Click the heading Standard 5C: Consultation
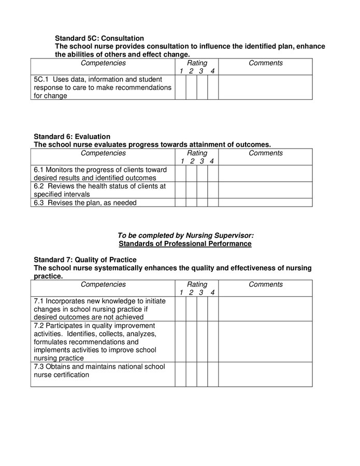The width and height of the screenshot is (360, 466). tap(99, 38)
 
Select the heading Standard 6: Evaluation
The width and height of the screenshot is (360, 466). tap(72, 137)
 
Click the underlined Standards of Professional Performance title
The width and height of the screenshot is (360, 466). tap(185, 243)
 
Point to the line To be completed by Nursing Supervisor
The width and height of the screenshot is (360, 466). tap(185, 236)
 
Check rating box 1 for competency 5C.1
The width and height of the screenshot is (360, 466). tap(180, 87)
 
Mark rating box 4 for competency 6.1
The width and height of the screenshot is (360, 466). tap(213, 173)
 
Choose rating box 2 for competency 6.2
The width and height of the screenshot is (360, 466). tap(191, 190)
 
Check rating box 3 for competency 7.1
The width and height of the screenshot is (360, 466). tap(202, 309)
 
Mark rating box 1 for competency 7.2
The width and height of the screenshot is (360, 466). tap(180, 342)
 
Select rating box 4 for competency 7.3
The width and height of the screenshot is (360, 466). tap(213, 374)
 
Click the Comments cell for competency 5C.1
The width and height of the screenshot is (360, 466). tap(265, 87)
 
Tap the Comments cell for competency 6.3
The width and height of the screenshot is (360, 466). tap(265, 202)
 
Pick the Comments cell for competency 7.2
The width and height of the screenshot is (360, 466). tap(265, 342)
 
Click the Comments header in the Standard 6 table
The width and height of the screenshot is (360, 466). tap(266, 153)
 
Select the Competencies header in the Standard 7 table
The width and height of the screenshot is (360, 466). tap(103, 284)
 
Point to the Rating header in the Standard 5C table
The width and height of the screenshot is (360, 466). tap(197, 63)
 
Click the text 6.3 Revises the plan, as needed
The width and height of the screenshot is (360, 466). tap(85, 202)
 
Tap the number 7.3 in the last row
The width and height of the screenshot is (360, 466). tap(39, 367)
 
